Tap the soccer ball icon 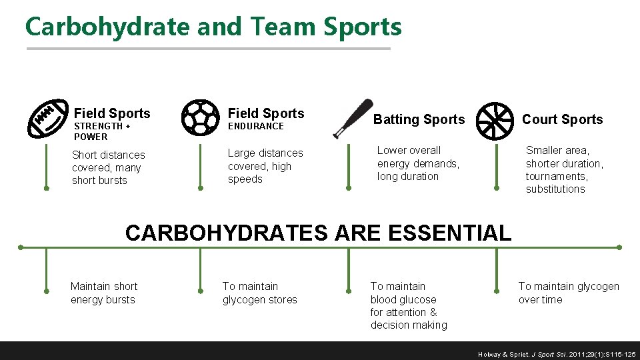coord(199,118)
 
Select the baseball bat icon coord(353,118)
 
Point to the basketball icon coord(497,119)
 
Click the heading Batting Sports coord(419,119)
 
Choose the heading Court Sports coord(562,119)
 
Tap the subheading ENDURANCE coord(256,126)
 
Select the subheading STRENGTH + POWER coord(101,131)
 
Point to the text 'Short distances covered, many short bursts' coord(108,167)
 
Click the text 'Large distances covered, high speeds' coord(265,166)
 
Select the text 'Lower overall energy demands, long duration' coord(418,163)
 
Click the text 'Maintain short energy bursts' coord(103,293)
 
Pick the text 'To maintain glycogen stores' coord(259,293)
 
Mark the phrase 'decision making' coord(408,325)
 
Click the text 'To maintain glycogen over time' coord(568,293)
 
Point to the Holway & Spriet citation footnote coord(557,355)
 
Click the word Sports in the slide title coord(363,27)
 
